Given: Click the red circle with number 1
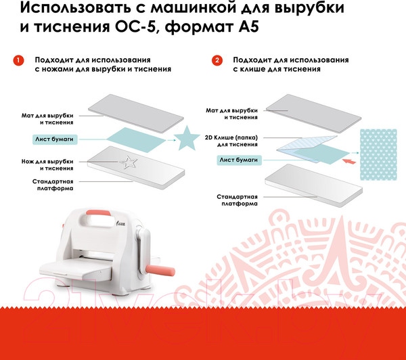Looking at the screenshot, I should point(20,60).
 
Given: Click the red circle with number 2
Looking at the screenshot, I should point(217,60).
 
